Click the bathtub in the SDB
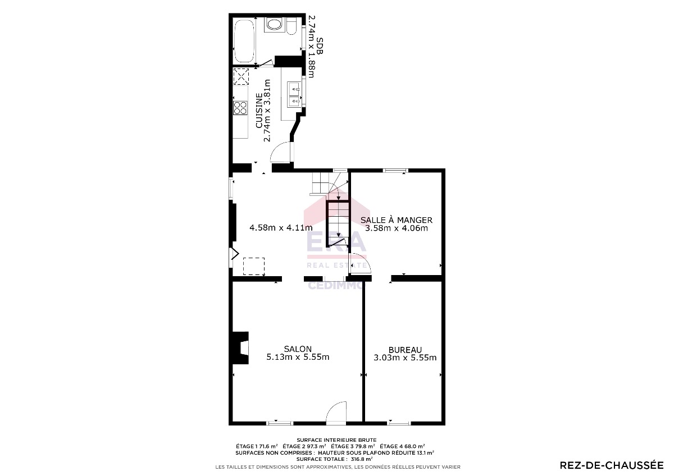click(244, 41)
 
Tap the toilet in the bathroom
click(292, 26)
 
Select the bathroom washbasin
click(274, 25)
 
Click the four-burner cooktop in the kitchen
click(240, 108)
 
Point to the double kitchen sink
click(294, 94)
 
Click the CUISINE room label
click(259, 111)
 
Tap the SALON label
click(298, 349)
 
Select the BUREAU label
click(405, 350)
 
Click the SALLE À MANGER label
click(397, 220)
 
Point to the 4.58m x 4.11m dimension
click(281, 228)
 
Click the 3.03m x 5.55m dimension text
click(405, 358)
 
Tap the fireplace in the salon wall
click(240, 348)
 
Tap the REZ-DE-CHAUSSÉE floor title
click(612, 465)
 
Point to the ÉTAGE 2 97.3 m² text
click(304, 447)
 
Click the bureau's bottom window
click(399, 423)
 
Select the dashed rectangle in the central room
click(254, 266)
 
